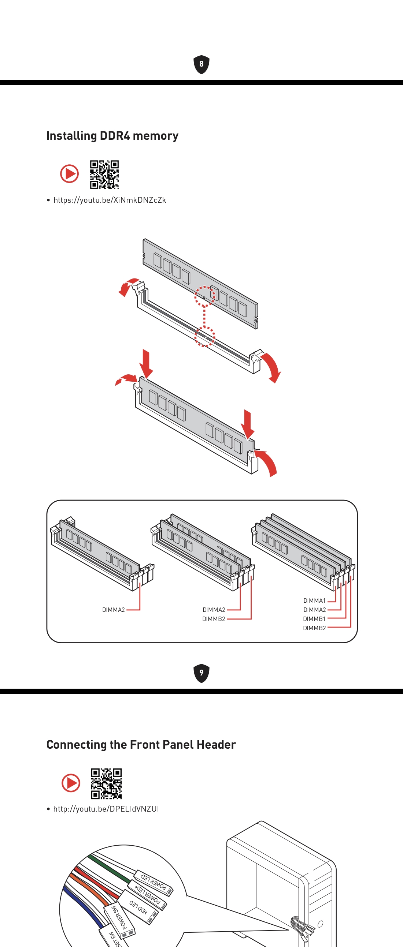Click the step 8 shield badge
click(x=201, y=64)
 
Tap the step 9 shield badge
click(x=201, y=673)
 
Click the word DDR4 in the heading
click(x=114, y=136)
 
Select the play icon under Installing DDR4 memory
click(x=70, y=173)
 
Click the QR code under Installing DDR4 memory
click(x=104, y=174)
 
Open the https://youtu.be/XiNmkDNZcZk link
click(x=110, y=200)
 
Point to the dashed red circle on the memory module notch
click(x=205, y=296)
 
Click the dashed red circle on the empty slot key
click(x=205, y=336)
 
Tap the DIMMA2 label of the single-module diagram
click(x=113, y=610)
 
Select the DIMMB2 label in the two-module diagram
click(x=214, y=619)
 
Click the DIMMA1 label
click(x=314, y=601)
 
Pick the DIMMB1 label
click(x=314, y=619)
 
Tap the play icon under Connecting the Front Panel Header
click(x=71, y=783)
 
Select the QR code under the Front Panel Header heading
click(x=106, y=783)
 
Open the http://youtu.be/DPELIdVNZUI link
click(x=106, y=809)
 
